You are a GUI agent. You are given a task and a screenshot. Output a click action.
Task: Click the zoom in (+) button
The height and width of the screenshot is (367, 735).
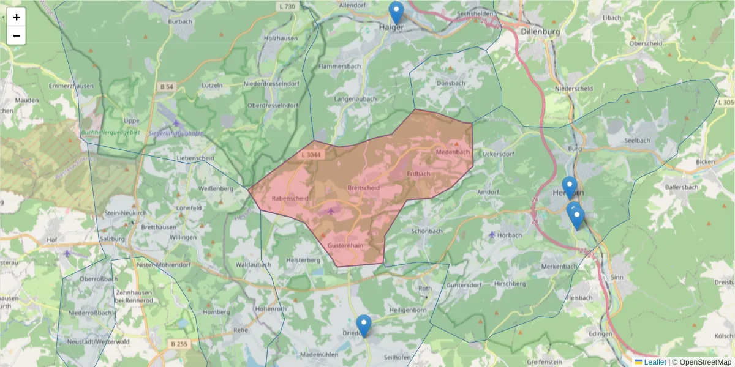[17, 17]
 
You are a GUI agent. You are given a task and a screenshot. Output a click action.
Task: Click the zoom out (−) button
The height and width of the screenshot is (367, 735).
[17, 35]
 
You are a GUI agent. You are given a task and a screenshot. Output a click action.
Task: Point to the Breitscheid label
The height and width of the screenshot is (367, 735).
[363, 187]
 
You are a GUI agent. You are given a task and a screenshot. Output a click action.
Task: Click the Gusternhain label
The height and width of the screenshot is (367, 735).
[346, 245]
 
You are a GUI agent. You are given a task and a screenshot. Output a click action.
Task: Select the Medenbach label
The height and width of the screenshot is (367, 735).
[453, 152]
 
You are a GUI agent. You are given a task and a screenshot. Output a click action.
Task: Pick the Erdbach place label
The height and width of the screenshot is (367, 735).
[418, 174]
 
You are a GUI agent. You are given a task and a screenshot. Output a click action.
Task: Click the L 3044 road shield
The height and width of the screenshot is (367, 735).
[311, 155]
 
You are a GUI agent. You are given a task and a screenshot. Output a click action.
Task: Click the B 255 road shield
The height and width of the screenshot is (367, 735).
[179, 344]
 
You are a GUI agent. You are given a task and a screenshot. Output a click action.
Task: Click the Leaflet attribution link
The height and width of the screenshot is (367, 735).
[654, 362]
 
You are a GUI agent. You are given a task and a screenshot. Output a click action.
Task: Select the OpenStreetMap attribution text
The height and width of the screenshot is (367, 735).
[703, 362]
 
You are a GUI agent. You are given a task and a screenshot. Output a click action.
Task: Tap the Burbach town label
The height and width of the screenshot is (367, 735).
[181, 21]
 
